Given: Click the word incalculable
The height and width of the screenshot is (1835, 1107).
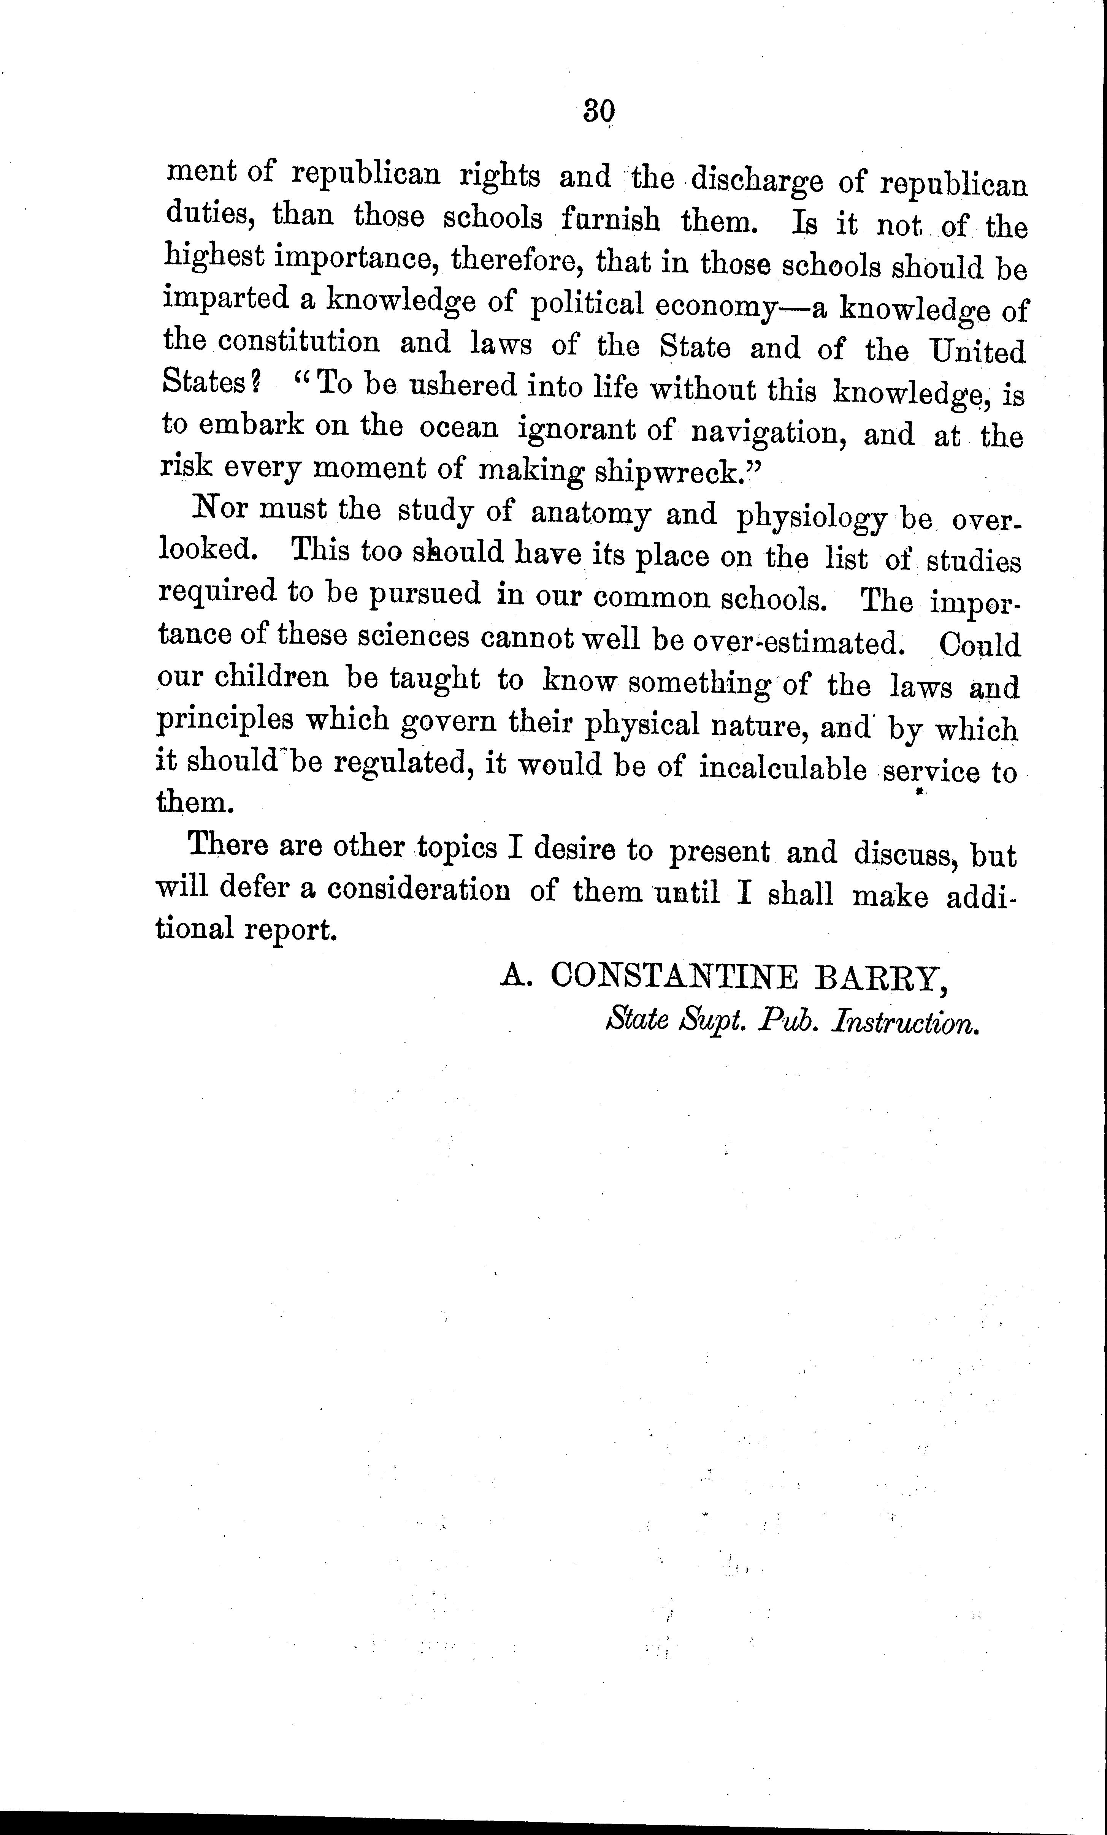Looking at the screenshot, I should point(782,769).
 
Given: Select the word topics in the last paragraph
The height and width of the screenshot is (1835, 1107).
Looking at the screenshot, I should point(456,848).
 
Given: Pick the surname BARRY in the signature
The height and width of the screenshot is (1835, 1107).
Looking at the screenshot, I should point(881,978).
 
